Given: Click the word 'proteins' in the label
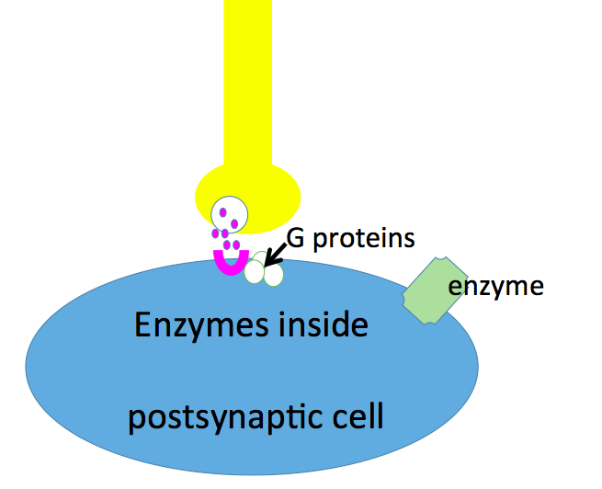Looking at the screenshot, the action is pyautogui.click(x=364, y=240).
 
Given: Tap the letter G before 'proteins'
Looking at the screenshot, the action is pyautogui.click(x=295, y=238).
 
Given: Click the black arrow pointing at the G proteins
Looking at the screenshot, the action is pyautogui.click(x=276, y=255).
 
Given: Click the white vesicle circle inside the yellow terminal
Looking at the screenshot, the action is pyautogui.click(x=229, y=214).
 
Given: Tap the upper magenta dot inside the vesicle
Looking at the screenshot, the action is pyautogui.click(x=222, y=212).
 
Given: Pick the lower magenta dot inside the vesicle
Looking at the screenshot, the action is pyautogui.click(x=234, y=223).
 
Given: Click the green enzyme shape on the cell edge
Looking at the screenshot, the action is pyautogui.click(x=435, y=291).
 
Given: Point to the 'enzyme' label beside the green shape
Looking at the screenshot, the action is pyautogui.click(x=496, y=287).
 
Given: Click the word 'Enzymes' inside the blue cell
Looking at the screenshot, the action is pyautogui.click(x=202, y=326).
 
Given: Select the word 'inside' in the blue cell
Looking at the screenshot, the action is pyautogui.click(x=324, y=324).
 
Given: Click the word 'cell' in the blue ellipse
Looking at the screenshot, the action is pyautogui.click(x=358, y=415).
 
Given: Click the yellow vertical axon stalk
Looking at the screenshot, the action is pyautogui.click(x=248, y=83).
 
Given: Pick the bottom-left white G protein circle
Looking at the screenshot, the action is pyautogui.click(x=255, y=271).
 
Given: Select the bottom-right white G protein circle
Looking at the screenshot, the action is pyautogui.click(x=273, y=274).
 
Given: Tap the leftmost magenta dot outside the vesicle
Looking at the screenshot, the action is pyautogui.click(x=215, y=233).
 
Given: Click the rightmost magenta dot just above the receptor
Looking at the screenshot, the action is pyautogui.click(x=236, y=244).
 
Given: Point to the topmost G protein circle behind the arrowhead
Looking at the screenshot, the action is pyautogui.click(x=262, y=258).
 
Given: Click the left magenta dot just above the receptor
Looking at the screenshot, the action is pyautogui.click(x=227, y=244).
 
